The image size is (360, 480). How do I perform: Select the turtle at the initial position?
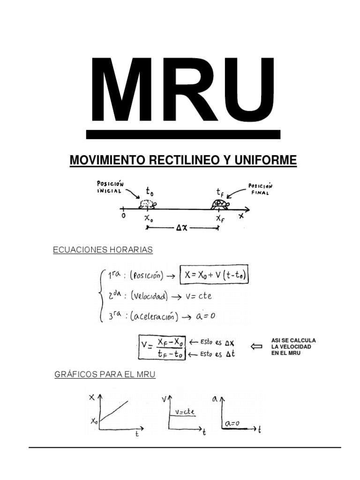[148, 204]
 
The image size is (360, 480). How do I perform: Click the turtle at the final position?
[219, 204]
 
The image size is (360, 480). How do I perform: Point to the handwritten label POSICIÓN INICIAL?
[110, 187]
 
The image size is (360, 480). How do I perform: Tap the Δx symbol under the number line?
[182, 228]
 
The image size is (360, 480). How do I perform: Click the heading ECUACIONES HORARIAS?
[103, 250]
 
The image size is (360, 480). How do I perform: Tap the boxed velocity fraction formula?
[162, 347]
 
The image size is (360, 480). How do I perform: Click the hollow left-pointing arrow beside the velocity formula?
[256, 347]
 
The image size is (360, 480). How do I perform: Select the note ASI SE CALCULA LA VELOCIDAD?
[293, 346]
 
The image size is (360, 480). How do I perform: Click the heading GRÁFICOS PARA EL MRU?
[105, 375]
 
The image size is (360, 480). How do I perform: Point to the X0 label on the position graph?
[94, 420]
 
